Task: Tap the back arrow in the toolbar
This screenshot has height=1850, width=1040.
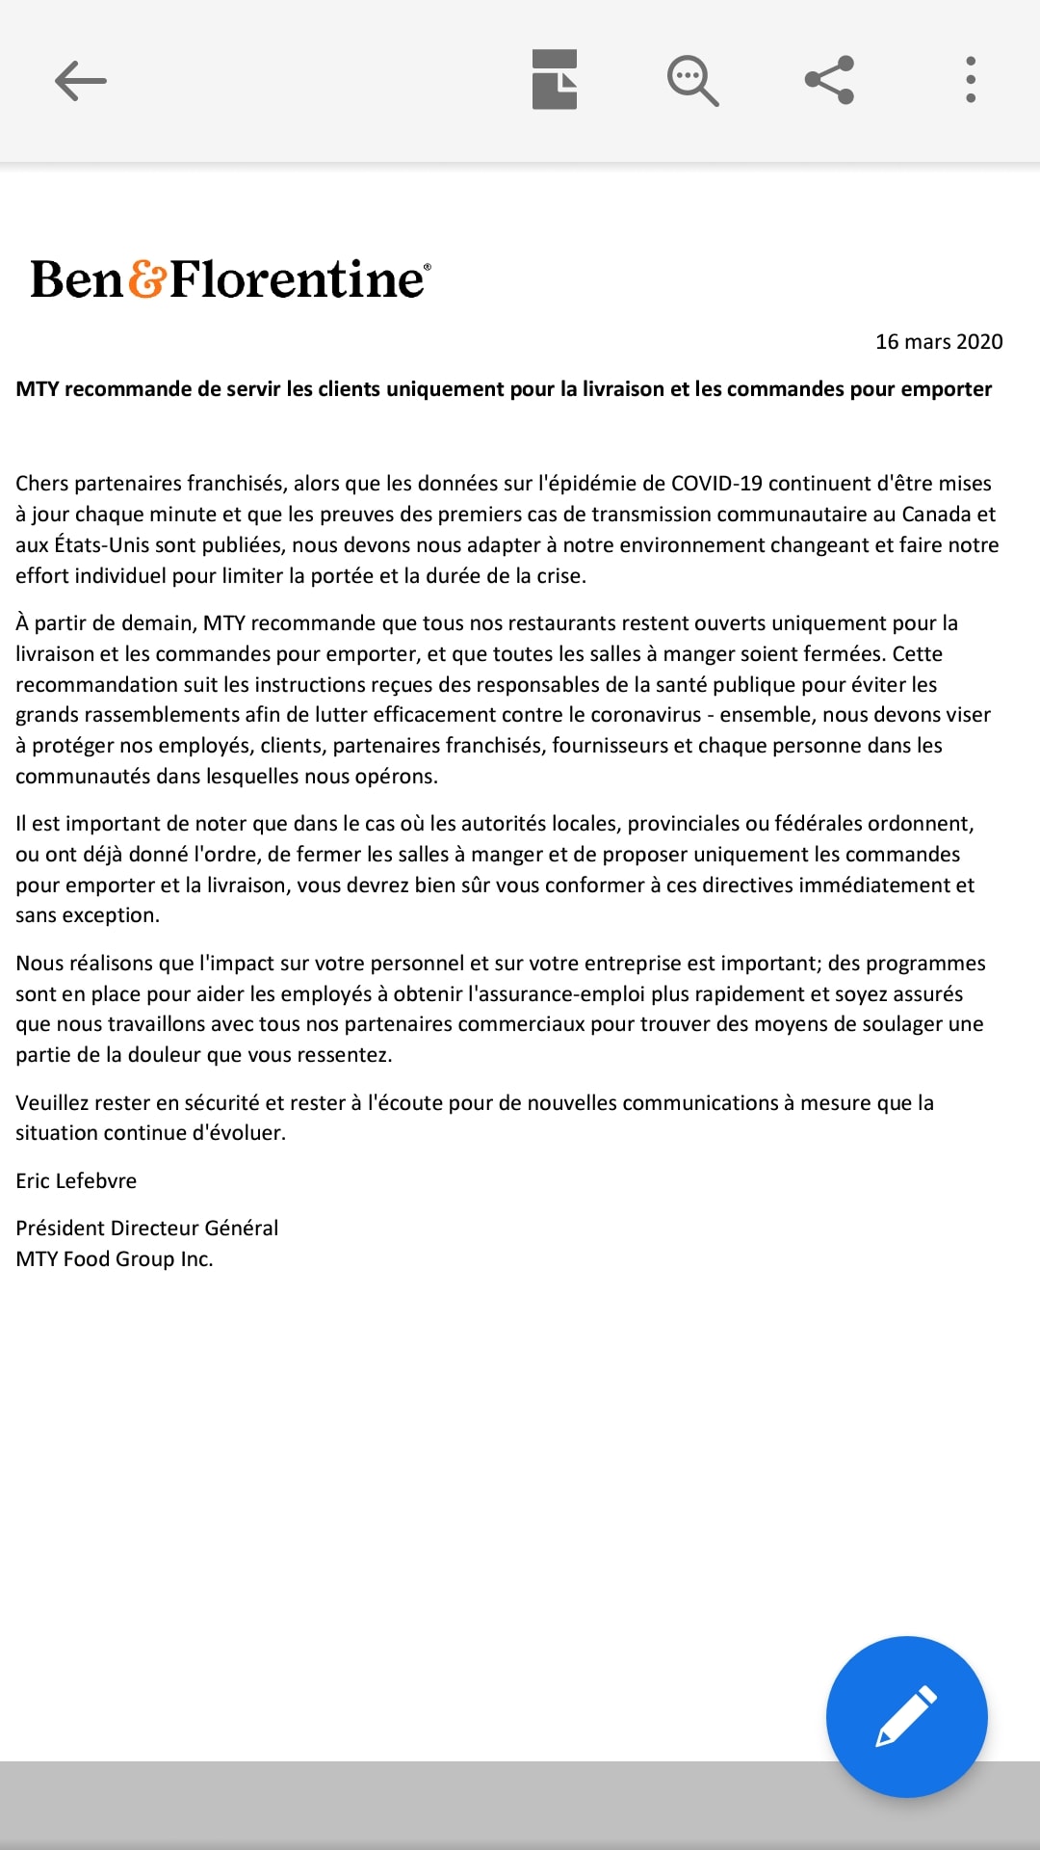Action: click(x=81, y=80)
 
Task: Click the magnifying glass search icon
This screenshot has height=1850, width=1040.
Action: click(x=692, y=80)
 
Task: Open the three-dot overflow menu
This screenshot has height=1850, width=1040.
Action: click(x=971, y=80)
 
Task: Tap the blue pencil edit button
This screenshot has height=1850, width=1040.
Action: click(x=906, y=1716)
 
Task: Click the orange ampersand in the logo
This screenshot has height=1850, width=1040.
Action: click(x=147, y=278)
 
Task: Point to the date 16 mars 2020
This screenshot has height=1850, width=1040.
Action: click(x=939, y=342)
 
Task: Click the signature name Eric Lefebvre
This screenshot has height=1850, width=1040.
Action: click(x=76, y=1181)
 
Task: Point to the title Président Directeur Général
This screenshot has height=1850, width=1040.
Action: click(x=146, y=1229)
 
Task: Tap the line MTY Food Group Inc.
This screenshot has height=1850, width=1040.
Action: click(x=114, y=1259)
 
